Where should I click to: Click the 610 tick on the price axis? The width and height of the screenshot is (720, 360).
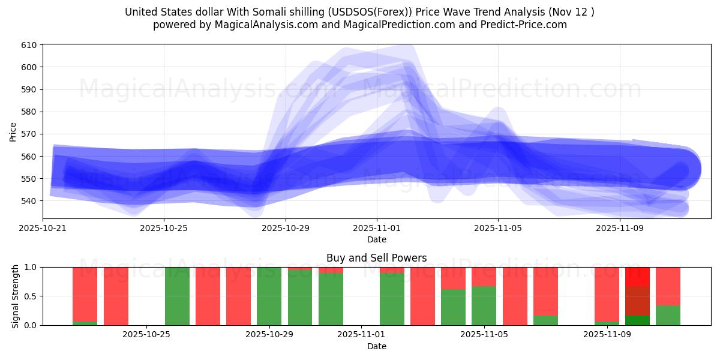pyautogui.click(x=29, y=45)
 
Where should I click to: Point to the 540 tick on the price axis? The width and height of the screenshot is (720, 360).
pyautogui.click(x=29, y=201)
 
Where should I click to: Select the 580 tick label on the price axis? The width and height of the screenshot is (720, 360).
pyautogui.click(x=29, y=112)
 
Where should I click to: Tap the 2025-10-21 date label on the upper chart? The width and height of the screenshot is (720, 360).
pyautogui.click(x=43, y=228)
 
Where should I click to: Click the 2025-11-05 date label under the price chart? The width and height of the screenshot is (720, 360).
pyautogui.click(x=498, y=228)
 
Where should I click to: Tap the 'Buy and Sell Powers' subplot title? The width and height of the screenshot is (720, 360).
pyautogui.click(x=376, y=258)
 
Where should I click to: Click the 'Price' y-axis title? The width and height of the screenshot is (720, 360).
pyautogui.click(x=13, y=131)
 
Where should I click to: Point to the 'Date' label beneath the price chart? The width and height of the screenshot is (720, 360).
pyautogui.click(x=376, y=239)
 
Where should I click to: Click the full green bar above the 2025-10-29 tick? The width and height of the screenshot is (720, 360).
pyautogui.click(x=269, y=296)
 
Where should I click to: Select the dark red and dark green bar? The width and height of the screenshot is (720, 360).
pyautogui.click(x=637, y=296)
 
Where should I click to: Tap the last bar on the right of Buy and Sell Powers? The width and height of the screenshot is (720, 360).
pyautogui.click(x=668, y=296)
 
